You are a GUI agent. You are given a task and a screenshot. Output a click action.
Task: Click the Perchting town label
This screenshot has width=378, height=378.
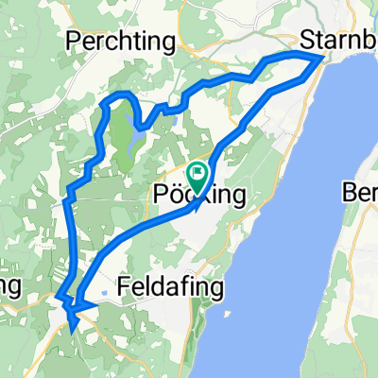(122, 41)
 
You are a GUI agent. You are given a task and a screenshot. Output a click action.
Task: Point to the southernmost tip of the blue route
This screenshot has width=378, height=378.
(72, 332)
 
